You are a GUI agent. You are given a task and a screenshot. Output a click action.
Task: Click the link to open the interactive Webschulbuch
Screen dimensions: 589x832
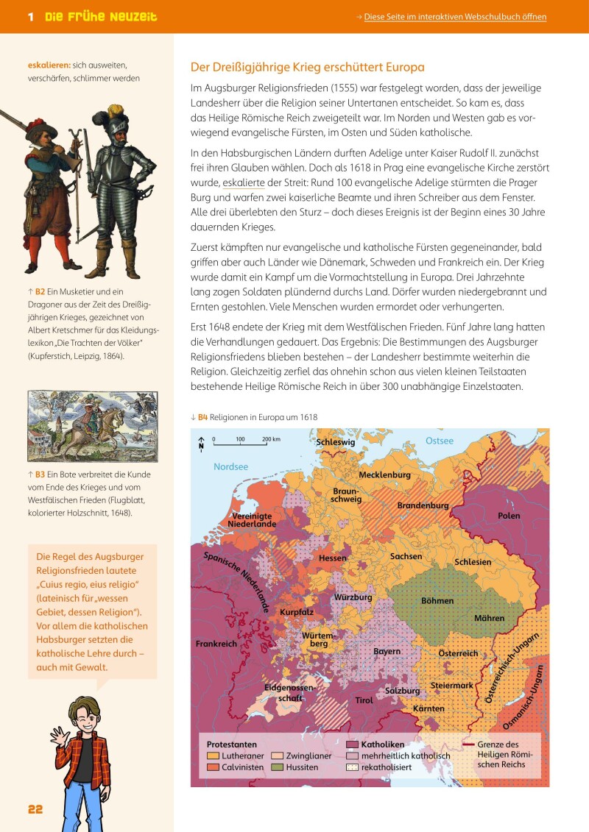(456, 16)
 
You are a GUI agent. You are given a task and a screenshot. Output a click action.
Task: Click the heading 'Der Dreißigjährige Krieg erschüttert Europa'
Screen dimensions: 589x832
(308, 67)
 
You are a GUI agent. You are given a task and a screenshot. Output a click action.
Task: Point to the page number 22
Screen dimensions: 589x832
(35, 809)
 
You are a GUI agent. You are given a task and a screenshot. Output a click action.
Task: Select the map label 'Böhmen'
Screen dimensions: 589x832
(437, 600)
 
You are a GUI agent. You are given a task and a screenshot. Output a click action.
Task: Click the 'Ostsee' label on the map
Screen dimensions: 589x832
(440, 441)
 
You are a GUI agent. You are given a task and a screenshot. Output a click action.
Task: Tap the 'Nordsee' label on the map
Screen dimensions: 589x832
(230, 466)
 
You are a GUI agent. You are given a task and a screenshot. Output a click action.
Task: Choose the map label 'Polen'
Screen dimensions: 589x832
(508, 516)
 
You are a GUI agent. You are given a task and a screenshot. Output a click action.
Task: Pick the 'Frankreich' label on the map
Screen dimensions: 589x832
(216, 644)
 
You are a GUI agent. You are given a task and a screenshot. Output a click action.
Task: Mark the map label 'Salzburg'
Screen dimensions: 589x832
(403, 691)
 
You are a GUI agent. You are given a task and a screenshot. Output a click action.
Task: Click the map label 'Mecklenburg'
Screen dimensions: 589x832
(384, 474)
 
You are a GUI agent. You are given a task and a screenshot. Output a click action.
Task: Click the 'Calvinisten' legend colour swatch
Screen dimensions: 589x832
(213, 767)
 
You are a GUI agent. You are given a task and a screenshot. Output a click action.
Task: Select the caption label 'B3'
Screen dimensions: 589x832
(42, 474)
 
